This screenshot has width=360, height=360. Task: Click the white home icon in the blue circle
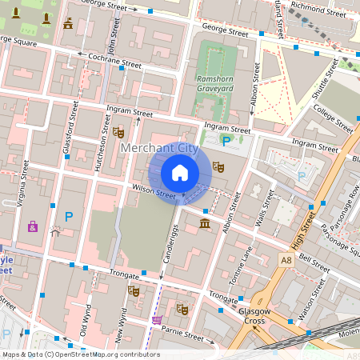click(180, 173)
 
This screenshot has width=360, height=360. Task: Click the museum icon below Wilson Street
click(206, 222)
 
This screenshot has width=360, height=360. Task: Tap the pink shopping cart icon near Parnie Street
click(156, 320)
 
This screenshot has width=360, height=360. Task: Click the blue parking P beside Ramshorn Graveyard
click(226, 142)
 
